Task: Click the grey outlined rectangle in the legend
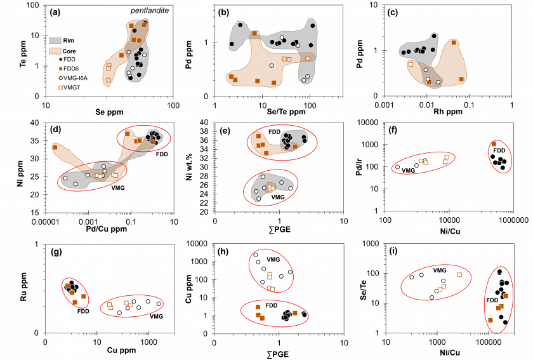(55, 41)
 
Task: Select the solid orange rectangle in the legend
(55, 51)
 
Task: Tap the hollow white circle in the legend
(61, 60)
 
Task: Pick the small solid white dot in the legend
(61, 78)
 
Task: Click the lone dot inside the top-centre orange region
(272, 65)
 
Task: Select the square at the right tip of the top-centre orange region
(308, 58)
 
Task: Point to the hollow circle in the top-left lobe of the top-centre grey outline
(240, 25)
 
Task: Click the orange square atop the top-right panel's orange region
(454, 43)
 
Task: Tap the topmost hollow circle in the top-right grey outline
(434, 36)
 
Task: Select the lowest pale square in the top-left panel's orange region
(109, 80)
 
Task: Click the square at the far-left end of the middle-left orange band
(55, 147)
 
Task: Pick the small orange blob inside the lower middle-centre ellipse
(270, 188)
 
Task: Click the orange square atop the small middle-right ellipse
(494, 143)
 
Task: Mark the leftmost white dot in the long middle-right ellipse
(398, 167)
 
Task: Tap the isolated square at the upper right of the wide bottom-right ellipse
(459, 275)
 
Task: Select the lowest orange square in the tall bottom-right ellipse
(490, 320)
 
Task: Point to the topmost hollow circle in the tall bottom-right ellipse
(499, 272)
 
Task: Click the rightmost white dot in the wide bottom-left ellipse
(159, 303)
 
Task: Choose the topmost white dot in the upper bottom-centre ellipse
(256, 255)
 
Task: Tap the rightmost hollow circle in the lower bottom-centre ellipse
(305, 314)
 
